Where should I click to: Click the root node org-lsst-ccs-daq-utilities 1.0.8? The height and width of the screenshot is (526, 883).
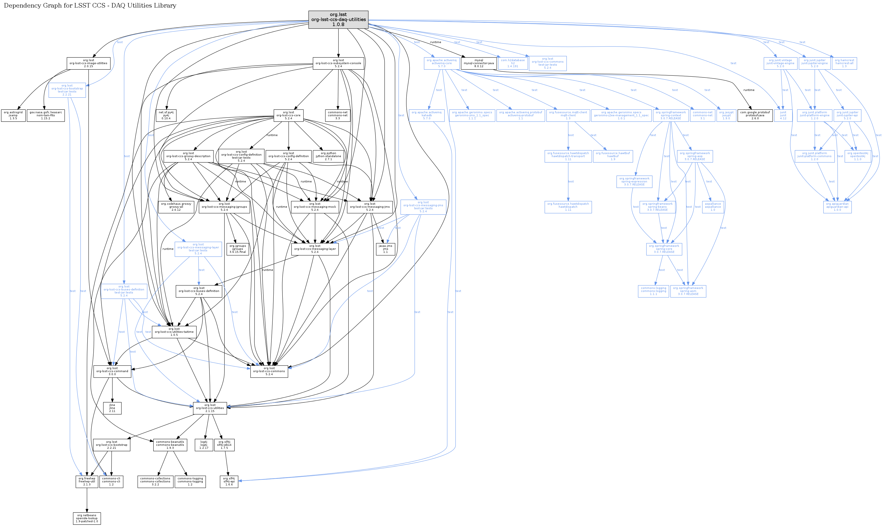pyautogui.click(x=338, y=20)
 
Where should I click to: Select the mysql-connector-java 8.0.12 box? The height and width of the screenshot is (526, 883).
pyautogui.click(x=479, y=63)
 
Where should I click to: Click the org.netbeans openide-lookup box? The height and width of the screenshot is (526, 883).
pyautogui.click(x=87, y=518)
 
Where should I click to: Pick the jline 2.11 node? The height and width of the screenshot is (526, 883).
pyautogui.click(x=112, y=408)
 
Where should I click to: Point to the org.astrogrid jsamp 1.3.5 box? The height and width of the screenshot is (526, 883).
pyautogui.click(x=13, y=116)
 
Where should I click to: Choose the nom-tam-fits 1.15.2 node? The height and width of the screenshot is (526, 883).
pyautogui.click(x=45, y=116)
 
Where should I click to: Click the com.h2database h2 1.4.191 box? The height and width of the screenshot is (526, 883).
pyautogui.click(x=513, y=63)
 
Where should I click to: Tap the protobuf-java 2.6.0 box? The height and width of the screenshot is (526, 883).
pyautogui.click(x=755, y=116)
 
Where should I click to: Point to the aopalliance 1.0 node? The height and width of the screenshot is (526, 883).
pyautogui.click(x=712, y=207)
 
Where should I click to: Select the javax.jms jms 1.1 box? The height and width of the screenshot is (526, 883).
pyautogui.click(x=385, y=249)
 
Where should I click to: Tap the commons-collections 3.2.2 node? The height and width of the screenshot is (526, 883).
pyautogui.click(x=155, y=481)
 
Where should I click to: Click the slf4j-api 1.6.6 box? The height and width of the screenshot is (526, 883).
pyautogui.click(x=229, y=481)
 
